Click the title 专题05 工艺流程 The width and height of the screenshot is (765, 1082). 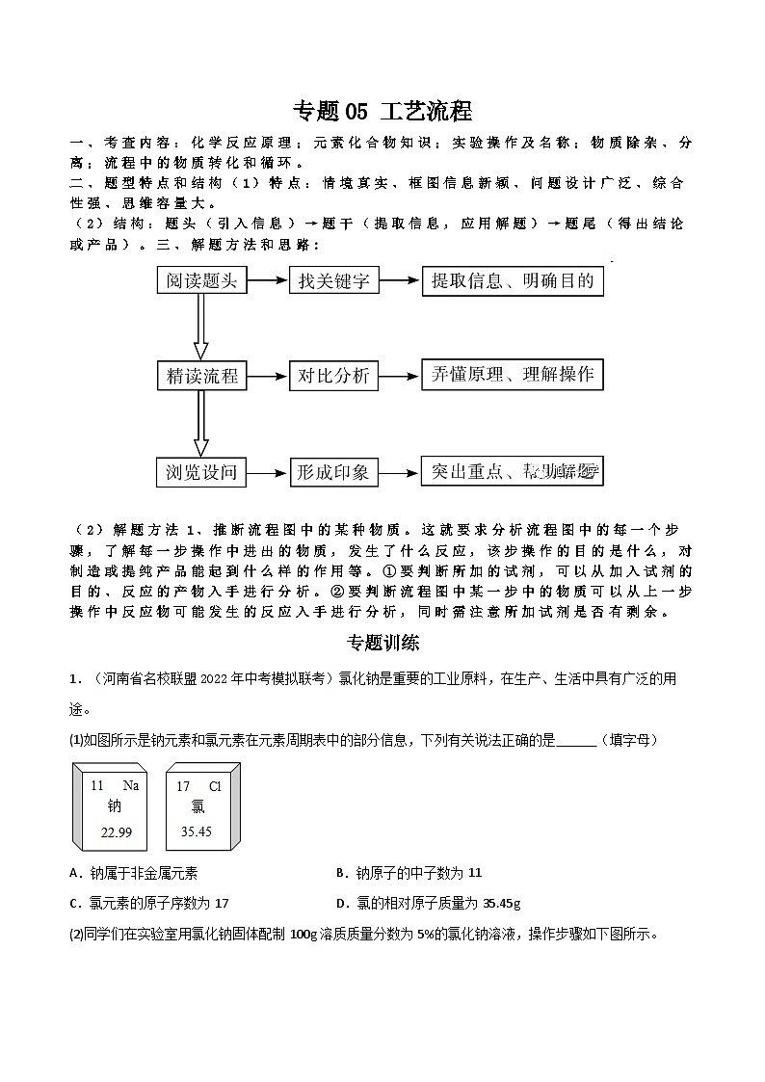[x=382, y=112]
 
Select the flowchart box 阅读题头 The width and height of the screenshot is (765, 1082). [x=201, y=281]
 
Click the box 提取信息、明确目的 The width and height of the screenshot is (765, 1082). [x=513, y=280]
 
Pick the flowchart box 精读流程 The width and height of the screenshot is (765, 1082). [x=201, y=376]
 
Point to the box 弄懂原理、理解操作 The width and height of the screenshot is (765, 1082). [x=513, y=375]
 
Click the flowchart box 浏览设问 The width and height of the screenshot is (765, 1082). [x=201, y=471]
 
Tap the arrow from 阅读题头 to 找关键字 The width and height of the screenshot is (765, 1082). [x=268, y=281]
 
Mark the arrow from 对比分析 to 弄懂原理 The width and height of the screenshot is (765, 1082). [x=401, y=376]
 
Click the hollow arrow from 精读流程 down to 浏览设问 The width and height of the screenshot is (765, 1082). [x=201, y=423]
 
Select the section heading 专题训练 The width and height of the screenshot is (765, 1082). [x=382, y=643]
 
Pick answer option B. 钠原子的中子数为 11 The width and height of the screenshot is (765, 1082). [x=409, y=873]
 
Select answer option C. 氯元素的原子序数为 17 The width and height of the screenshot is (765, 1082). [x=149, y=903]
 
